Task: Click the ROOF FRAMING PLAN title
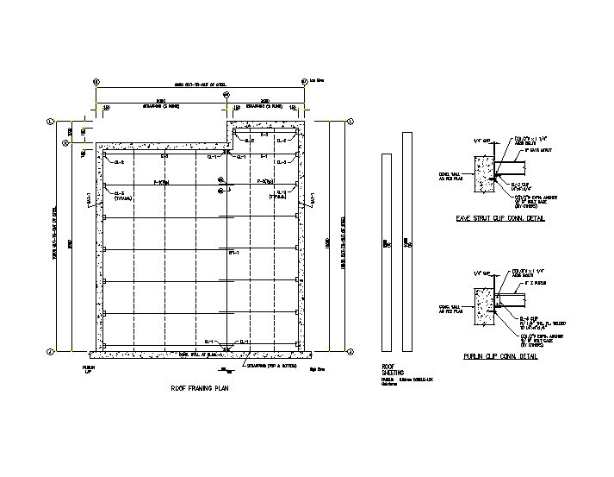(x=200, y=389)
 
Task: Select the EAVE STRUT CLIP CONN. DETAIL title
(x=503, y=219)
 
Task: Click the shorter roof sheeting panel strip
(x=387, y=242)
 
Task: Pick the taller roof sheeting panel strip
(x=406, y=242)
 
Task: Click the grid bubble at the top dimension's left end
(x=96, y=82)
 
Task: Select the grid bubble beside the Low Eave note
(x=304, y=82)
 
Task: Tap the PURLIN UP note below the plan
(x=88, y=368)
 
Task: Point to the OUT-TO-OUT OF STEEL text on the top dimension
(x=201, y=85)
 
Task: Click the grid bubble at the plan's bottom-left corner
(x=51, y=351)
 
